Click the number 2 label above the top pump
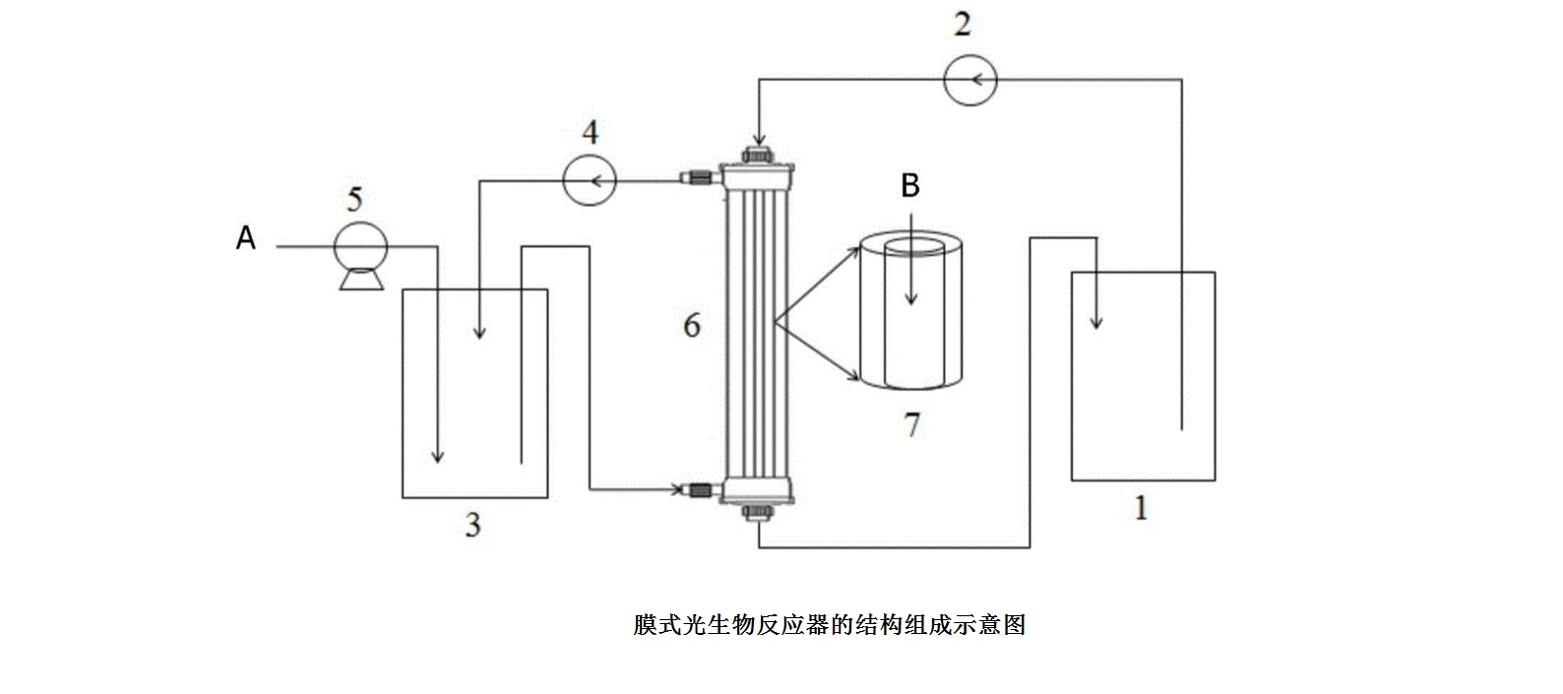pyautogui.click(x=962, y=24)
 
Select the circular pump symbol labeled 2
pyautogui.click(x=970, y=80)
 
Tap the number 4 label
pyautogui.click(x=591, y=132)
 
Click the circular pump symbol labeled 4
pyautogui.click(x=590, y=180)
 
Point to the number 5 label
pyautogui.click(x=355, y=200)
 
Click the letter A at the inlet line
pyautogui.click(x=246, y=237)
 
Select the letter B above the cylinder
pyautogui.click(x=910, y=185)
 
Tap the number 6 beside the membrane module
pyautogui.click(x=692, y=325)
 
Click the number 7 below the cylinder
pyautogui.click(x=911, y=425)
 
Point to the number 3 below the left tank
pyautogui.click(x=472, y=526)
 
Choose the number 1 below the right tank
pyautogui.click(x=1141, y=509)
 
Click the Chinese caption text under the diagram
pyautogui.click(x=829, y=624)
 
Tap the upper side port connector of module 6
pyautogui.click(x=699, y=179)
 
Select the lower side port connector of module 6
pyautogui.click(x=699, y=488)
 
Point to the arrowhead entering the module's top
pyautogui.click(x=758, y=139)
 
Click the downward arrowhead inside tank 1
pyautogui.click(x=1096, y=321)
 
